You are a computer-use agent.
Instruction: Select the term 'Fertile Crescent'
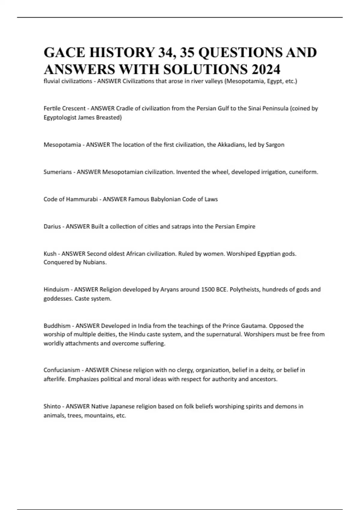(x=64, y=108)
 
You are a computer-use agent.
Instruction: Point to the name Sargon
(x=275, y=145)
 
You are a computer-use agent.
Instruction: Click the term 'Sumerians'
(x=58, y=172)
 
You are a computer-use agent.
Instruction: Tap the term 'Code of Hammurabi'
(x=70, y=199)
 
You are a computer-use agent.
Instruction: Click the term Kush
(x=50, y=254)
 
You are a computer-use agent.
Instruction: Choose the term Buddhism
(x=57, y=326)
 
